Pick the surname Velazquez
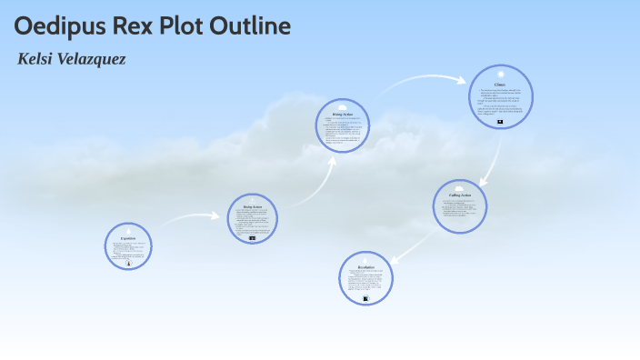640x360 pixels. click(x=91, y=59)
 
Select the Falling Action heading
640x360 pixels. click(x=460, y=195)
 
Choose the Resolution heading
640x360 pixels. click(x=366, y=266)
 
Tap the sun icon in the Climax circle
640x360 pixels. click(x=500, y=74)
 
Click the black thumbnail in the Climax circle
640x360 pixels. click(x=500, y=121)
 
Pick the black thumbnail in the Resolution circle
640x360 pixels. click(x=365, y=298)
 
